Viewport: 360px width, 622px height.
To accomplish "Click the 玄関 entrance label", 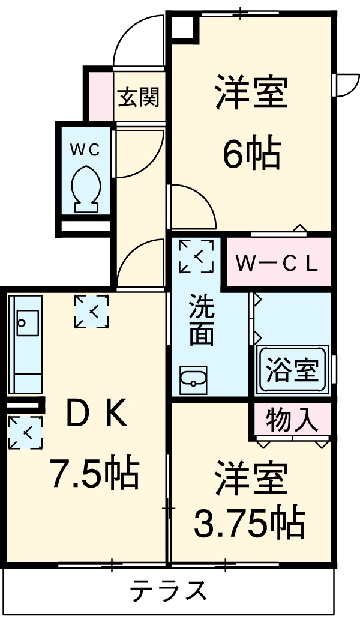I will coord(139,97).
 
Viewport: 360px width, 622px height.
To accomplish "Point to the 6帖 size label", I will coord(251,154).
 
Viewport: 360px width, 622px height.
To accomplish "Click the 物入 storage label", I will coord(291,420).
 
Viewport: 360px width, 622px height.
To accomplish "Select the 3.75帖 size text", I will coord(249,523).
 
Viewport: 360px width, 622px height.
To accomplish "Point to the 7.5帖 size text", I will coord(95,474).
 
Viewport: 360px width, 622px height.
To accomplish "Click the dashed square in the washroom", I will coord(196,256).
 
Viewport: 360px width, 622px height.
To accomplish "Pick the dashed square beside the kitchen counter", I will coord(25,432).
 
